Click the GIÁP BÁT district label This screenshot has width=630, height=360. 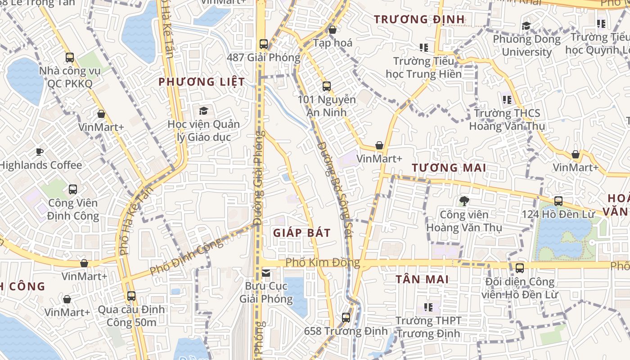[302, 233]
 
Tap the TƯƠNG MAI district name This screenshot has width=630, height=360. [449, 168]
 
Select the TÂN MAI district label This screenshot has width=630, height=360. [422, 279]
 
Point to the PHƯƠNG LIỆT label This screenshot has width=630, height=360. [202, 82]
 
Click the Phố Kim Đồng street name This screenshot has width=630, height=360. [323, 262]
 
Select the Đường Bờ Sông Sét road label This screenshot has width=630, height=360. [334, 184]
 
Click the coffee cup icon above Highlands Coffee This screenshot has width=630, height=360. [40, 152]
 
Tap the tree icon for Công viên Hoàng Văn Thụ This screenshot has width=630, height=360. [464, 201]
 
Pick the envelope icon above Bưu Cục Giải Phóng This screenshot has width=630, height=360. [266, 273]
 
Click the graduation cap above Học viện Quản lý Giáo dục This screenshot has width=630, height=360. [203, 111]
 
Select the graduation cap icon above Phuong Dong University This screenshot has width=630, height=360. [526, 26]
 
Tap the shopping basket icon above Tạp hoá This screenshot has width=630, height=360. [333, 30]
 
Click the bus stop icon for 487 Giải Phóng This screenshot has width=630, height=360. [264, 44]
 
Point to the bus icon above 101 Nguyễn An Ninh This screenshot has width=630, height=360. [327, 86]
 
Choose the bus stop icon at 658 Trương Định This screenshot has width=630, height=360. [346, 318]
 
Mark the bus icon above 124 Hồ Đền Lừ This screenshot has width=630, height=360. [558, 201]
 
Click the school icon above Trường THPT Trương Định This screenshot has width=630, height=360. [428, 307]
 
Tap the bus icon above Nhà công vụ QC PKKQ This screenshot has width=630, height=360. [70, 58]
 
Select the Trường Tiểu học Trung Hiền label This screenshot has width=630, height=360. [423, 67]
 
